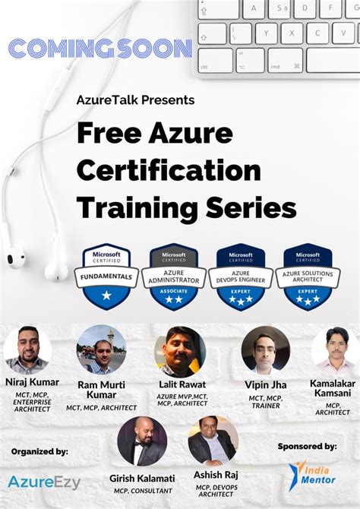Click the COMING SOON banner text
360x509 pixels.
(x=99, y=49)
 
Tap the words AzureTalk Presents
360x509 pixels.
(x=135, y=100)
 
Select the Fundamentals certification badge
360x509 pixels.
(x=107, y=277)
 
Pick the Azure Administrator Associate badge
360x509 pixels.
(x=174, y=277)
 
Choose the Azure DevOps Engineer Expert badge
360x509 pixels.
(x=240, y=277)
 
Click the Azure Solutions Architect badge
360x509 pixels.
(x=307, y=277)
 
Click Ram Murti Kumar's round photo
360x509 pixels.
(x=101, y=349)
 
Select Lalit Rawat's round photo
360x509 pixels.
(x=180, y=352)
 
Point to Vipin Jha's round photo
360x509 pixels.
(x=265, y=349)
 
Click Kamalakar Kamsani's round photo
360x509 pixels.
(x=335, y=349)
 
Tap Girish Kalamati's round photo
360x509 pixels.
(x=142, y=441)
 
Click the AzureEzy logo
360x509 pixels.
(x=44, y=482)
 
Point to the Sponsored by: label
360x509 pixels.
(x=308, y=446)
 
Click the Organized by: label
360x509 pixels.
(x=39, y=451)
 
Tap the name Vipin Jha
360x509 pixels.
(x=266, y=384)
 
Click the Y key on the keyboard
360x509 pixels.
(x=267, y=33)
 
